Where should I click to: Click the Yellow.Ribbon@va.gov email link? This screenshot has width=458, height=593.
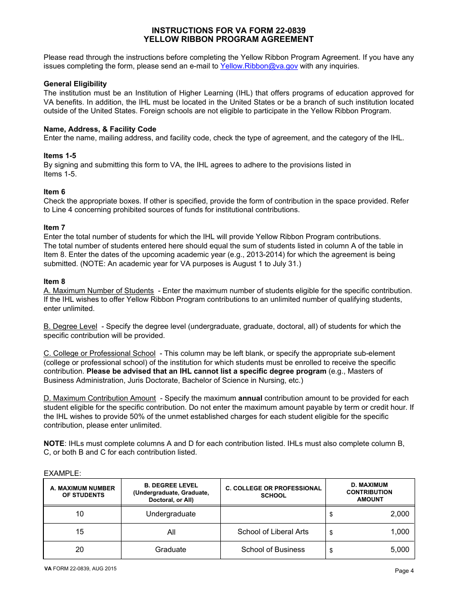click(x=259, y=66)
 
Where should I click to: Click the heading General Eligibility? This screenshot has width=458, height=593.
click(x=75, y=84)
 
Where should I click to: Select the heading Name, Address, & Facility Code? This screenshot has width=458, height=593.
click(x=100, y=129)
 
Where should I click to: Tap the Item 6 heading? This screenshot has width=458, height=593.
click(x=54, y=191)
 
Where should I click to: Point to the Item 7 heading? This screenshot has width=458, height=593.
click(x=54, y=228)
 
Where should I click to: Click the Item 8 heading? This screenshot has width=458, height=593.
click(x=54, y=282)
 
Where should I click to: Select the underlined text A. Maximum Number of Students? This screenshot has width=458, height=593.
click(x=99, y=291)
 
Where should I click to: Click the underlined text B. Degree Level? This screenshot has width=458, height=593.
click(x=70, y=326)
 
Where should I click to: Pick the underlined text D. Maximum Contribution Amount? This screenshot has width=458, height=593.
click(x=100, y=398)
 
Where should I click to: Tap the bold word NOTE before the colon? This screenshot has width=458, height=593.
click(x=54, y=443)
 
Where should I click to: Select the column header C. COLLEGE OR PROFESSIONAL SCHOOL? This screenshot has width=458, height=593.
click(x=273, y=492)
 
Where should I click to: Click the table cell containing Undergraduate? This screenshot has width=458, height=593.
click(x=171, y=514)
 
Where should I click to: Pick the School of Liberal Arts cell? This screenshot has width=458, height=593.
click(x=273, y=532)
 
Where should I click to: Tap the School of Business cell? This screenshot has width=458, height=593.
click(x=273, y=550)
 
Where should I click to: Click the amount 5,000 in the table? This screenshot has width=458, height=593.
click(x=399, y=550)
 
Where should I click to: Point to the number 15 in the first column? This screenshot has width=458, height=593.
click(x=80, y=532)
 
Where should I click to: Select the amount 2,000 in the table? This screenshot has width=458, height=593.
click(x=399, y=514)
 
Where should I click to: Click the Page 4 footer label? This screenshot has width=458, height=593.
click(x=404, y=571)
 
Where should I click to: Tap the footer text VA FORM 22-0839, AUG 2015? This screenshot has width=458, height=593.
click(x=80, y=568)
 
